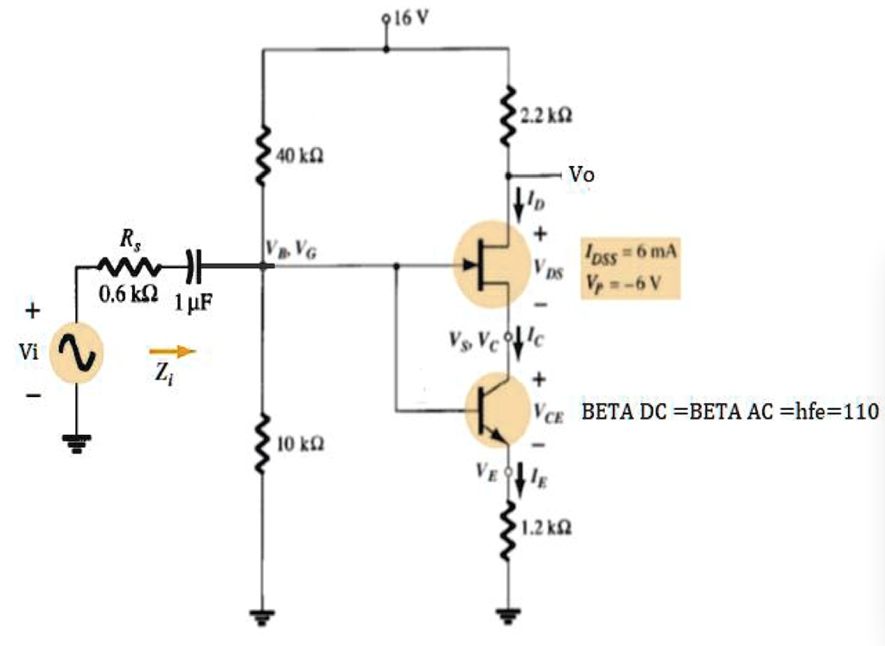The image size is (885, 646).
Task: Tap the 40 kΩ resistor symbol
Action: (263, 156)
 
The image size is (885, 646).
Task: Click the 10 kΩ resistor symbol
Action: (263, 443)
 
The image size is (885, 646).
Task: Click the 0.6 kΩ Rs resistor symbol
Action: (127, 265)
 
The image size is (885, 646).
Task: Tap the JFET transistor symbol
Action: (491, 265)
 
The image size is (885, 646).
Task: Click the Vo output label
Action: (582, 175)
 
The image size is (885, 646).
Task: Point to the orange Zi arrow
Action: (173, 351)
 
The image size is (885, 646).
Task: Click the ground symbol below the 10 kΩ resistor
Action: (263, 616)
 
